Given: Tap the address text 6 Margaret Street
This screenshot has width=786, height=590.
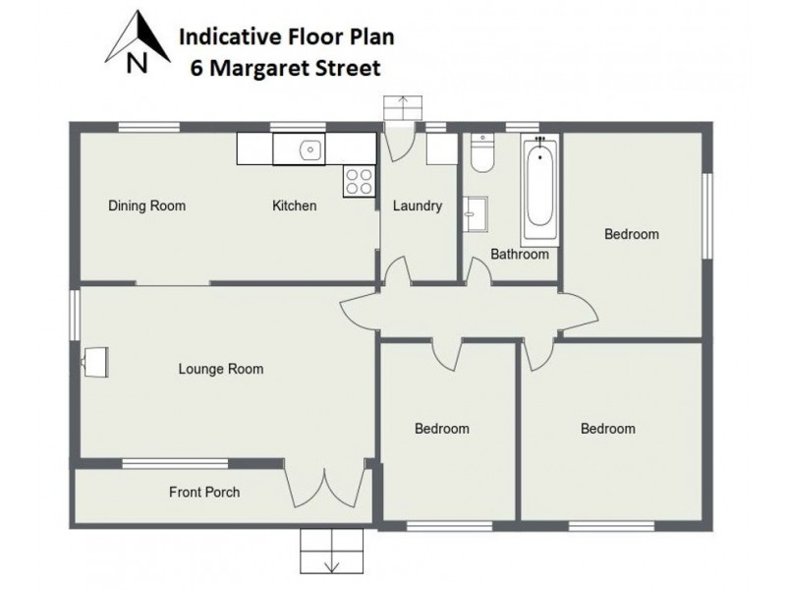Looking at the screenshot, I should [x=285, y=69].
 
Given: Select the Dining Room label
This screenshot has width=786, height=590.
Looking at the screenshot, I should [x=146, y=206].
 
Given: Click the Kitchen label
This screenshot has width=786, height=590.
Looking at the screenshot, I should [x=294, y=206].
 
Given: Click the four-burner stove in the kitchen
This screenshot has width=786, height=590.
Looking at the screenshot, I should [x=358, y=180].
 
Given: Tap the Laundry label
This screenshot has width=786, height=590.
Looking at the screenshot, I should [x=417, y=206].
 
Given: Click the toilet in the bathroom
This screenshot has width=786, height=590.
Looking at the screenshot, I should [x=481, y=152].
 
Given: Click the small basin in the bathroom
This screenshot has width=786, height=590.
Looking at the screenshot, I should [x=477, y=211].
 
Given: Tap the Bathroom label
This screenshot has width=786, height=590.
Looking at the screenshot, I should [x=520, y=254].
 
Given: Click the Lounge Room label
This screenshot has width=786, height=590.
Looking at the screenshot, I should [x=220, y=370].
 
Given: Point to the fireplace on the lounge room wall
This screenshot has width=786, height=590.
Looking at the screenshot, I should [x=95, y=362].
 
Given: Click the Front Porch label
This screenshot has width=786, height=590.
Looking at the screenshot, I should [x=203, y=492].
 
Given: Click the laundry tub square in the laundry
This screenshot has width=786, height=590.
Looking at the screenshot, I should [x=439, y=150].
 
